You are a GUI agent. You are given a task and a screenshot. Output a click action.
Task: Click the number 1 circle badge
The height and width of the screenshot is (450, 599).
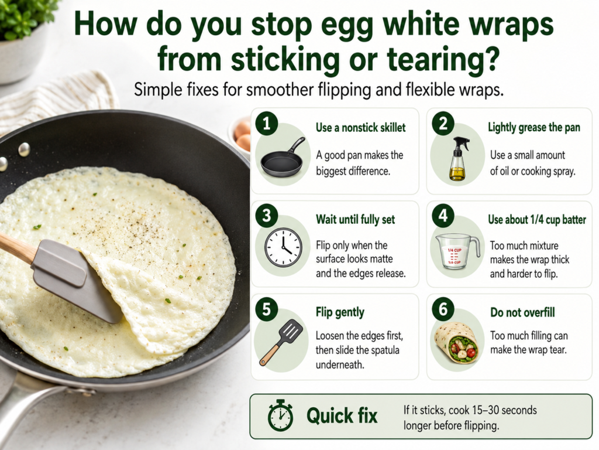[267, 123]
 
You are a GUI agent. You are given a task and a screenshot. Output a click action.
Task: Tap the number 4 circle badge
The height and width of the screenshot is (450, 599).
[443, 216]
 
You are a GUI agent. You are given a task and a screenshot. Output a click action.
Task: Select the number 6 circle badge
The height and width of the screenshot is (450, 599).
[443, 308]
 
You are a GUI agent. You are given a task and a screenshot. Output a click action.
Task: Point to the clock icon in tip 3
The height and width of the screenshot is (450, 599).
[284, 248]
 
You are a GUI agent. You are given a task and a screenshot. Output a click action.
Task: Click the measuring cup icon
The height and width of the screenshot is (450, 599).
[457, 251]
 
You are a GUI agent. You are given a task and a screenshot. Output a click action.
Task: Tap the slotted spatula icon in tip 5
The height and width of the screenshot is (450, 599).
[281, 342]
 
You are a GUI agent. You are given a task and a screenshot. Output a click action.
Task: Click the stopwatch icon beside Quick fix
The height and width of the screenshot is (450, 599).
[280, 415]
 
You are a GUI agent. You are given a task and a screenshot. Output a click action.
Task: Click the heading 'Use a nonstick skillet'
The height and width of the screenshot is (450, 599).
[360, 127]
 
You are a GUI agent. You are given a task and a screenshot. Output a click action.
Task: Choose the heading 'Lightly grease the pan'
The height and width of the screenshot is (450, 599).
[534, 127]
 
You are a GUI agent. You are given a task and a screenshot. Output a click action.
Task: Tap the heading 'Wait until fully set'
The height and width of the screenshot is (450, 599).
[355, 220]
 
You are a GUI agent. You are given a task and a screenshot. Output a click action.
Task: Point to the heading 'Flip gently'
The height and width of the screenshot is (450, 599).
[340, 312]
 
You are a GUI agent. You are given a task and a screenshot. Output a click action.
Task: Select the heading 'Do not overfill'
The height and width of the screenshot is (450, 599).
[522, 312]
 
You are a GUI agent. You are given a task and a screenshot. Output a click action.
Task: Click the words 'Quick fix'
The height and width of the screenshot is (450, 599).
[342, 415]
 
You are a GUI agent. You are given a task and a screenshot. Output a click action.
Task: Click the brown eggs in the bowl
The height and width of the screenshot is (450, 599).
[243, 135]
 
